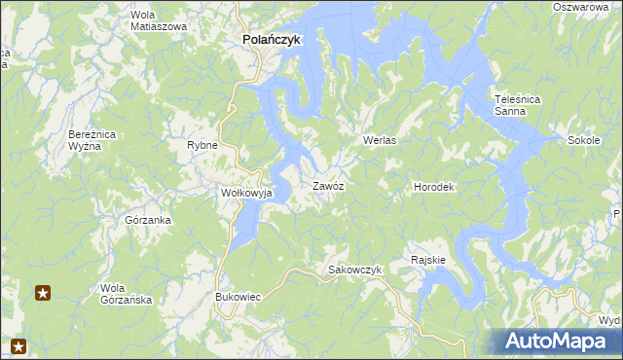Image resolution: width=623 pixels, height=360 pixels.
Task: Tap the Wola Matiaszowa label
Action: tap(158, 20)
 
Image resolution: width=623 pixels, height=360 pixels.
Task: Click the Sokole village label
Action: tap(582, 140)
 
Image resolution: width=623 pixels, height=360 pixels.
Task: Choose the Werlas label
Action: tap(383, 140)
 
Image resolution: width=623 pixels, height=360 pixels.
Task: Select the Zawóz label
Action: tap(328, 185)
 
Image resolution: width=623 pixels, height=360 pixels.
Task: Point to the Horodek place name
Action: tap(434, 186)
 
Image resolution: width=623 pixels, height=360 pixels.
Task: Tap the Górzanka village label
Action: tap(148, 220)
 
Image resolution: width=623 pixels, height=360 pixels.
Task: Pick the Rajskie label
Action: tap(428, 260)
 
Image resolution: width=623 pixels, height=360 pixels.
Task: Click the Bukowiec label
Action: tap(238, 296)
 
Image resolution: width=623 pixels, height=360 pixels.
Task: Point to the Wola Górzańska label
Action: tap(127, 294)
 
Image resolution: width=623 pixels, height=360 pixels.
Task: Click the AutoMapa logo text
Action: tap(564, 341)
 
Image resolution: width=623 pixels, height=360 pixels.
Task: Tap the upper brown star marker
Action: tap(43, 292)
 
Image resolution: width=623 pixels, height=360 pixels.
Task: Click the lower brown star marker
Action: tap(18, 344)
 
